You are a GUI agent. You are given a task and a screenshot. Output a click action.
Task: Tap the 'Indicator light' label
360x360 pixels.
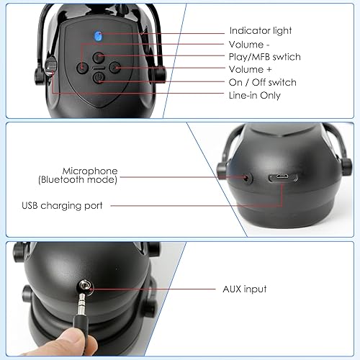[261, 31]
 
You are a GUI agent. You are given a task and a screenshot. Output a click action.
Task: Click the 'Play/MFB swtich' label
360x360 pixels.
[264, 57]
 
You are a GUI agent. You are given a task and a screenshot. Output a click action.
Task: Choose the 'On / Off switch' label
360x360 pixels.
[262, 82]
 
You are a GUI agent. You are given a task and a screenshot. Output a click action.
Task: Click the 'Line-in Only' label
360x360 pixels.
[255, 95]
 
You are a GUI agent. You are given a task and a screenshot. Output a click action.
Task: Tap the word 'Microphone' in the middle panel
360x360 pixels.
[90, 171]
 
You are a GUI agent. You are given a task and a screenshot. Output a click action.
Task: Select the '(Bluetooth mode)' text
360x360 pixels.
[78, 180]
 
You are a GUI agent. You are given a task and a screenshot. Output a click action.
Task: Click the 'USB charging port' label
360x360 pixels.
[62, 205]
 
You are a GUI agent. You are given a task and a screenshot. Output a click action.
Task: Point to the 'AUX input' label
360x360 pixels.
[245, 289]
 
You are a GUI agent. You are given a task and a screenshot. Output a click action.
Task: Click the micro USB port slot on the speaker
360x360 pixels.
[280, 178]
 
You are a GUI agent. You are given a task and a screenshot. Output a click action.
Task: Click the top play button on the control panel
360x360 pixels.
[99, 56]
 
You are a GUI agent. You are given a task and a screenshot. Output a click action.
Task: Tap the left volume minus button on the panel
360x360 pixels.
[84, 67]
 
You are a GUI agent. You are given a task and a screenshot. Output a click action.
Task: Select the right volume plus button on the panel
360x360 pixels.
[114, 68]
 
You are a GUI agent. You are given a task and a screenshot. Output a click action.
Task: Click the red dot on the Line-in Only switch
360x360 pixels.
[50, 66]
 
